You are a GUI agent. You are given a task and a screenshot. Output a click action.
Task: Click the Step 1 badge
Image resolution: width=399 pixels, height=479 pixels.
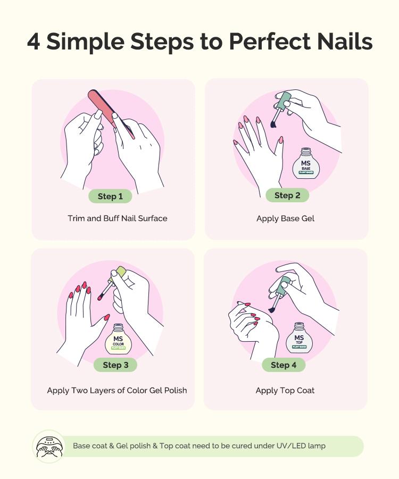pos(110,196)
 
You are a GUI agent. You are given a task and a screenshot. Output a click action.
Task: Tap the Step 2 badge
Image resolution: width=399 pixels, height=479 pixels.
pos(287,195)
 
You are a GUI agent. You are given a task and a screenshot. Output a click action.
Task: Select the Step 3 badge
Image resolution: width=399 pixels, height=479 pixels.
pos(115,365)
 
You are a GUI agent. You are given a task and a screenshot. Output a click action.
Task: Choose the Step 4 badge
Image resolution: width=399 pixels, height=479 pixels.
pos(284,365)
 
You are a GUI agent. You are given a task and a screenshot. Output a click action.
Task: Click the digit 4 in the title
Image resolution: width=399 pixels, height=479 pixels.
pos(34,42)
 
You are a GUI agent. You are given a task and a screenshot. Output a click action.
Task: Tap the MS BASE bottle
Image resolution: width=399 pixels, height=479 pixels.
pos(306,164)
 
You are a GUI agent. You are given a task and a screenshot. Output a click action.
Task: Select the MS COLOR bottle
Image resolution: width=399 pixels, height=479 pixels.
pos(118,340)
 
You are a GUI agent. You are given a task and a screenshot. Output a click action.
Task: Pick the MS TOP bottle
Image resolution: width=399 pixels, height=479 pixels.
pos(299,338)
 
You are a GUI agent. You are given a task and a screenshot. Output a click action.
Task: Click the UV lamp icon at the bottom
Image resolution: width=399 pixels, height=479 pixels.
pos(49,446)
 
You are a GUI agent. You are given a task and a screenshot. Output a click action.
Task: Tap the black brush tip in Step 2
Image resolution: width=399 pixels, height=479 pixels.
pos(273,125)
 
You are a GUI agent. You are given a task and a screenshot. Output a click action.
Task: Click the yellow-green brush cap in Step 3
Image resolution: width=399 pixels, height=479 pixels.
pos(120,272)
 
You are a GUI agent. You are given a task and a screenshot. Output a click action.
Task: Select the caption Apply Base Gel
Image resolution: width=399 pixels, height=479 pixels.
pos(285,218)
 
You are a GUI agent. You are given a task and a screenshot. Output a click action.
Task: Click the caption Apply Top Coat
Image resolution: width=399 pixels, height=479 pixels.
pos(285,390)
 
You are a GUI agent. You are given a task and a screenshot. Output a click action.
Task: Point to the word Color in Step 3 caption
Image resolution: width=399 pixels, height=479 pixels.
pos(138,390)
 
